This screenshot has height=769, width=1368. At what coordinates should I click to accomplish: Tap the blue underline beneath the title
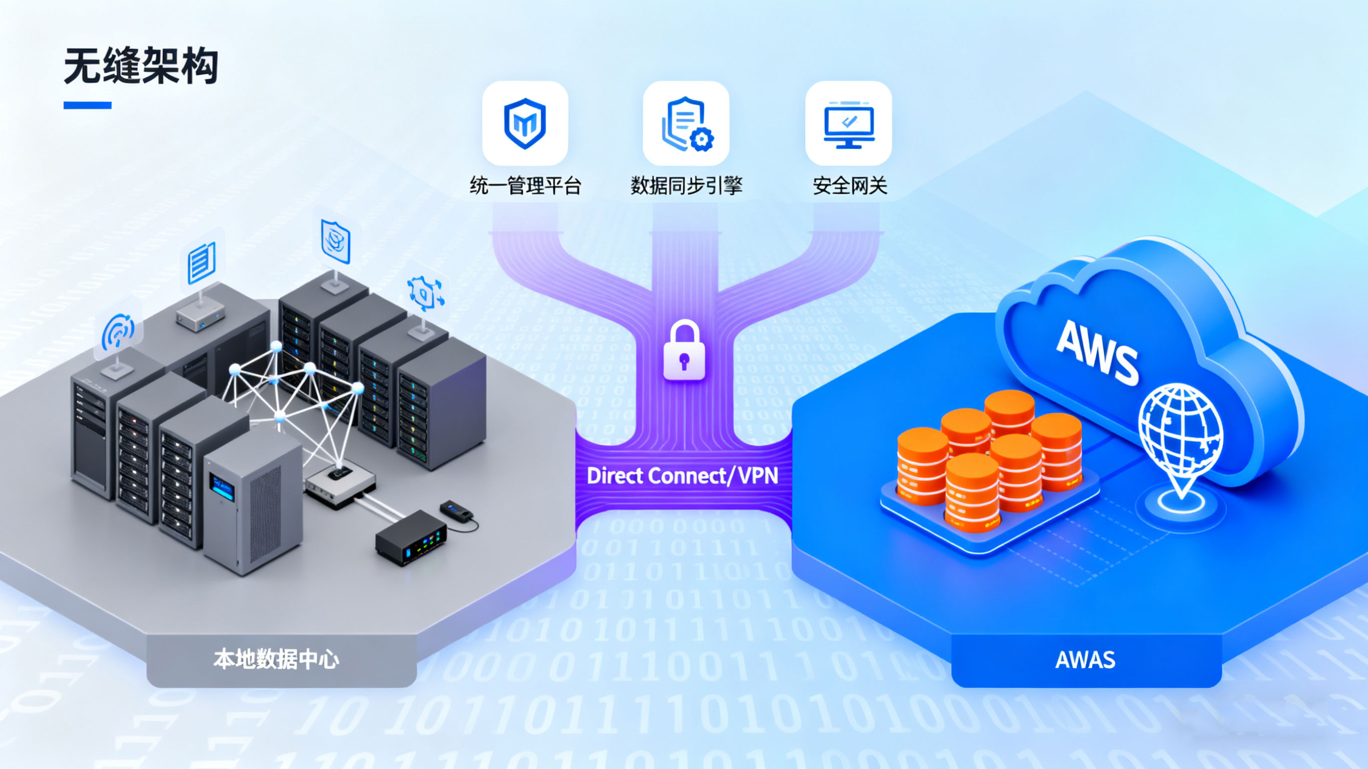87,105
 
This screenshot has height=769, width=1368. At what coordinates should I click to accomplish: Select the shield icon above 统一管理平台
525,123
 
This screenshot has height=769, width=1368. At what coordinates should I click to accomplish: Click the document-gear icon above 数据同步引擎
686,123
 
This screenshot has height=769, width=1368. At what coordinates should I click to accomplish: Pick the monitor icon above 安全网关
849,123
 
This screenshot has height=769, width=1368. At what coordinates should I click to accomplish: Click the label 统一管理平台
525,186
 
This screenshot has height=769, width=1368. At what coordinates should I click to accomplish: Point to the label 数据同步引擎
686,186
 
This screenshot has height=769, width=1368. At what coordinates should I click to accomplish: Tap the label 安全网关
850,186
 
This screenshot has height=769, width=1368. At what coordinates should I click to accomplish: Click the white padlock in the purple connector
684,352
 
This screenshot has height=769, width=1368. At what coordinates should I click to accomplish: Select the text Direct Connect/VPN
682,476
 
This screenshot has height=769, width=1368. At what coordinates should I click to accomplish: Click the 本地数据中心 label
276,660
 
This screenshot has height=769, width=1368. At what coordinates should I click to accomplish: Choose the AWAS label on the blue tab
1085,660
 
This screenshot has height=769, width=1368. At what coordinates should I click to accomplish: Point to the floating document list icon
202,263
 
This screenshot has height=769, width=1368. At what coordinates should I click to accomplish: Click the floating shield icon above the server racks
336,241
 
